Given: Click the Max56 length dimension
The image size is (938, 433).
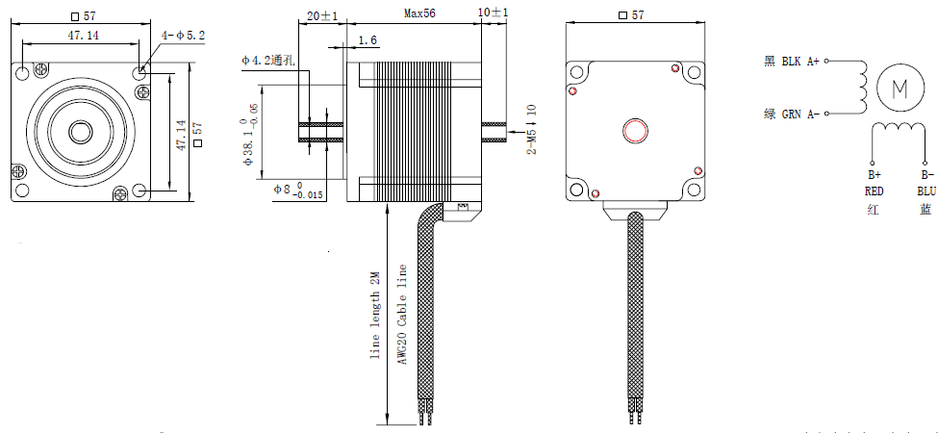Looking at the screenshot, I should (x=418, y=14).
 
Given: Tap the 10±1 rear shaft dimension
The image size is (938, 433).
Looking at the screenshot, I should (x=493, y=13).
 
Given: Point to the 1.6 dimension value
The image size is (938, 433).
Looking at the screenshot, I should (x=368, y=40).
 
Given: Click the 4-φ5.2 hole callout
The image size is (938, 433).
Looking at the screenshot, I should (x=184, y=36).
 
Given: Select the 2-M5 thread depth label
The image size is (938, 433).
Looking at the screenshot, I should (x=530, y=131).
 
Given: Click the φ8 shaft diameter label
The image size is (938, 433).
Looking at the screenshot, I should (x=286, y=190).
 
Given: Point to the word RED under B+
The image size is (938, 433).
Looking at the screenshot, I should (x=874, y=191).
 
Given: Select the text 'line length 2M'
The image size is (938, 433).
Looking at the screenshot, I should (x=375, y=315).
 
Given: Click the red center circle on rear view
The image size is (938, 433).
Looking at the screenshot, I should (x=636, y=131).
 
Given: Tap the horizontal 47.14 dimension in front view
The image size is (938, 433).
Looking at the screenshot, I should (x=83, y=36).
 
